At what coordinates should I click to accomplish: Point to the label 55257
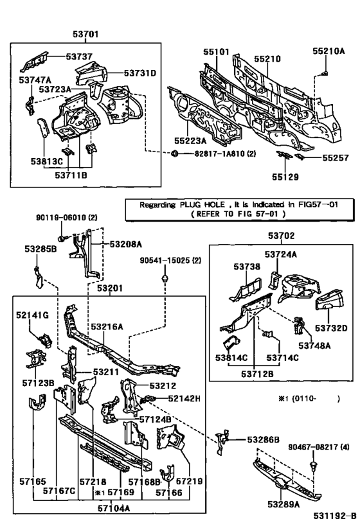click(334, 156)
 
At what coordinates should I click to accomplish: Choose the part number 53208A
click(126, 245)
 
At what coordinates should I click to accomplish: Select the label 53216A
click(107, 326)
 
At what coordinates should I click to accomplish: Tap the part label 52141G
click(32, 315)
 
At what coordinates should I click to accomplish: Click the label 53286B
click(263, 439)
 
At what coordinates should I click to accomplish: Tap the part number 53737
click(64, 56)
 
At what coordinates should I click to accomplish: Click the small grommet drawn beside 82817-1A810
click(174, 155)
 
